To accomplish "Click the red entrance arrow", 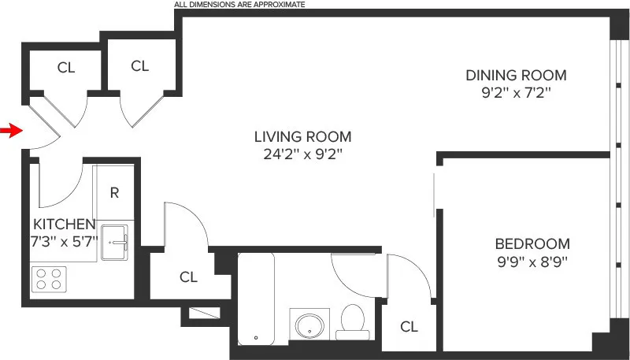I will coord(10,130).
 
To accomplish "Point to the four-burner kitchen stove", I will coord(49,279).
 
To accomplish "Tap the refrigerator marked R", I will coord(114,192).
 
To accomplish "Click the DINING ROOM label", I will coord(515,76).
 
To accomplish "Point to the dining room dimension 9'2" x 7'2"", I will coord(515,93).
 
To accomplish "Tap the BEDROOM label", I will coord(532,244).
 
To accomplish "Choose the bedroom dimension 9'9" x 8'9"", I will coord(532,262).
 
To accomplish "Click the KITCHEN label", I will coord(65,224).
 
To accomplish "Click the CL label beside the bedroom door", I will coord(408,326).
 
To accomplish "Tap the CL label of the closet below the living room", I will coord(187,276).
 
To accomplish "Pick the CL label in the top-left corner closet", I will coord(66,68).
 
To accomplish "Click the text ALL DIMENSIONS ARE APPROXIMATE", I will coord(239,4).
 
